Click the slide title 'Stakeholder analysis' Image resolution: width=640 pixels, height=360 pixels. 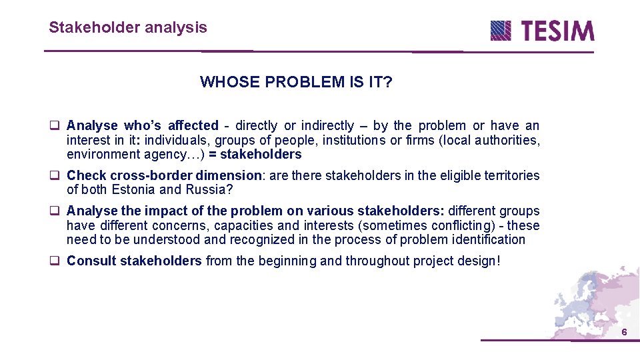coord(127,27)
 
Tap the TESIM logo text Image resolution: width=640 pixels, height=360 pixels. coord(557,31)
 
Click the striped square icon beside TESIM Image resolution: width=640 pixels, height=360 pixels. coord(501,31)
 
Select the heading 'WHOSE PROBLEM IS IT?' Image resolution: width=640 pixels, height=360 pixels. coord(296,82)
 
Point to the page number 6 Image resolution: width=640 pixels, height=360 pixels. coord(624,333)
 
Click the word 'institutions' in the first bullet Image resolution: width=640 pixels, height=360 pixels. coord(351,140)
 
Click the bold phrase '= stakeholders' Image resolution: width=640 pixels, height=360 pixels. coord(261,155)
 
